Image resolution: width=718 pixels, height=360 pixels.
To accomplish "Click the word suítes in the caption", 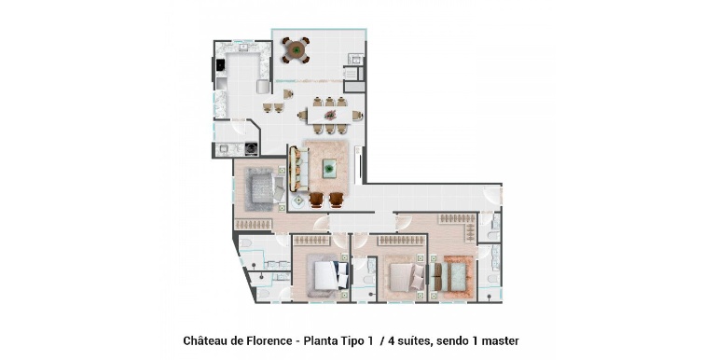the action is (415, 341).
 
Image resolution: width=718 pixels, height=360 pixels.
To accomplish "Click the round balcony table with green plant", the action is (297, 49).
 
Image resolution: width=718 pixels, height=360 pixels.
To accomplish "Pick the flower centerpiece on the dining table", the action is (330, 115).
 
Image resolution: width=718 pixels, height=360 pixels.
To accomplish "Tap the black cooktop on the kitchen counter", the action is (221, 65).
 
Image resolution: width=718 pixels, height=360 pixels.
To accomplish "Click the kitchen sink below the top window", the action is (243, 47).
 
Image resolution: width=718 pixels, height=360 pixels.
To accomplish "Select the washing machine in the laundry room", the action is (251, 148).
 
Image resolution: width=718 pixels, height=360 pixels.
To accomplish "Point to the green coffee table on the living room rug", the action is (329, 168).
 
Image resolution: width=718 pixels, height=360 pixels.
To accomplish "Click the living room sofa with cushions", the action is (298, 169).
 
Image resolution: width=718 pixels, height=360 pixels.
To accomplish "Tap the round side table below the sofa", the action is (298, 201).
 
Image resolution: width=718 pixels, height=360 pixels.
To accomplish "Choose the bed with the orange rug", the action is (453, 277).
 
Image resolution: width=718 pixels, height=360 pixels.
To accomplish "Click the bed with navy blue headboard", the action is (328, 276).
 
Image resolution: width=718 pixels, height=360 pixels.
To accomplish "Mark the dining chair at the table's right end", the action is (358, 116).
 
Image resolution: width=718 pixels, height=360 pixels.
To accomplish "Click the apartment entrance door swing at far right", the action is (492, 195).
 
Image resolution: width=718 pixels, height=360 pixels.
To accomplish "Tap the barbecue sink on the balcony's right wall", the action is (355, 58).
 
